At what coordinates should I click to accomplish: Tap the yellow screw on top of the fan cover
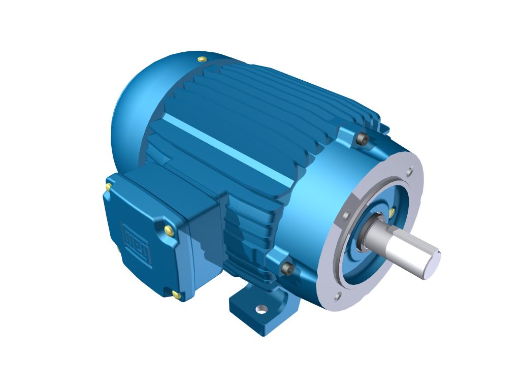click(202, 59)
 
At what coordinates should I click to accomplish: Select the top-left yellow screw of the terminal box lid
click(108, 187)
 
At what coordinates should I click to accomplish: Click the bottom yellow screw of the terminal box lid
click(176, 294)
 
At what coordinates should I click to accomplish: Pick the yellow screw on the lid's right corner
click(169, 231)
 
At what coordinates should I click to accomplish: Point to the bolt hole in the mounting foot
click(261, 308)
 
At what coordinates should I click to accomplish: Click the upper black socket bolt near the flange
click(362, 139)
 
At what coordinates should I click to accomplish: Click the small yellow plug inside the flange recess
click(392, 211)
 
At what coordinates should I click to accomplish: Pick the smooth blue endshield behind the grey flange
click(315, 203)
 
